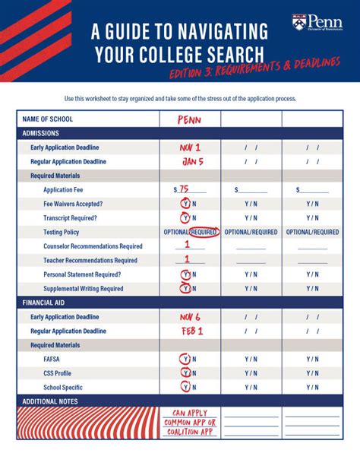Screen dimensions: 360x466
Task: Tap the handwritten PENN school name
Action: point(189,120)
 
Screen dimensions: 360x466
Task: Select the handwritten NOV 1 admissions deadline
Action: point(189,147)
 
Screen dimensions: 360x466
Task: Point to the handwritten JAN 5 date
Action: point(192,161)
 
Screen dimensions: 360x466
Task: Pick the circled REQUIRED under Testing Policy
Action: point(204,232)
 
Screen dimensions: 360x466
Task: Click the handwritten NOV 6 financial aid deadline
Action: point(189,317)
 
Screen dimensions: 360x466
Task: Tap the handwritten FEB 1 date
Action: point(191,331)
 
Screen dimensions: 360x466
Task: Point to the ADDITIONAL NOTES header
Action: point(50,401)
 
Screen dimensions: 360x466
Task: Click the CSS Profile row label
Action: point(58,373)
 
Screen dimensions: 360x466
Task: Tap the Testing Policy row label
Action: point(61,232)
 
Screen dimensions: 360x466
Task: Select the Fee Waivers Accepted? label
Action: point(73,204)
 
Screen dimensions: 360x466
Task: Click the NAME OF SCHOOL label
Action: point(50,119)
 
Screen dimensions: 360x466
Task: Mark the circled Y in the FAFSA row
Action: point(184,360)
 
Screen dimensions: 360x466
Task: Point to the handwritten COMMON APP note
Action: point(190,422)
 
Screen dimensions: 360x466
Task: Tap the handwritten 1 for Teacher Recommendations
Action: point(189,259)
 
